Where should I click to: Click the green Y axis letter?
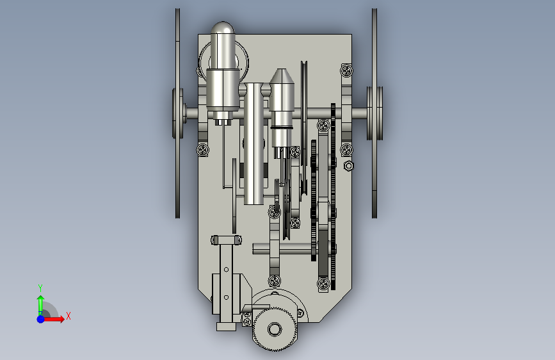click(x=40, y=288)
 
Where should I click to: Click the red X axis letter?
click(x=68, y=316)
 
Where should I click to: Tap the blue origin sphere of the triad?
click(x=41, y=319)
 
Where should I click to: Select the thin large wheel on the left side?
click(x=178, y=113)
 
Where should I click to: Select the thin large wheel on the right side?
click(x=374, y=113)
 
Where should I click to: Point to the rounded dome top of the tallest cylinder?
click(x=222, y=28)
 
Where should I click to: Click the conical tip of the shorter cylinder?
click(x=282, y=76)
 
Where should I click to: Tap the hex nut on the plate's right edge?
click(x=349, y=165)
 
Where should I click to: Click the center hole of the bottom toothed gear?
click(x=275, y=329)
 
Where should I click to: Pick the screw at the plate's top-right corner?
click(x=346, y=70)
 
